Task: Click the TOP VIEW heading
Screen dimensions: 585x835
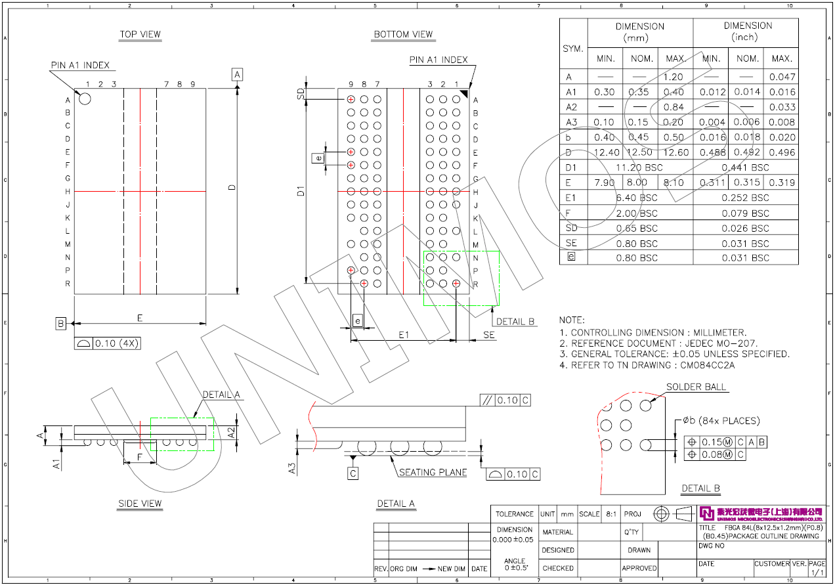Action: coord(140,34)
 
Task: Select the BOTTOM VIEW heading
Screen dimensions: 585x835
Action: coord(403,34)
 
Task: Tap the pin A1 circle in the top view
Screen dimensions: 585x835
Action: coord(85,98)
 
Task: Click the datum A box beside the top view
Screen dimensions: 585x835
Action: coord(238,74)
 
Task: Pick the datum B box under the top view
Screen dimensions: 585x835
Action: coord(61,323)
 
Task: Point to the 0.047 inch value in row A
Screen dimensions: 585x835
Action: coord(782,77)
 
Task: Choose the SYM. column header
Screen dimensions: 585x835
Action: coord(573,49)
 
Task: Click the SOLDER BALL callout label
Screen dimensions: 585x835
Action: coord(696,387)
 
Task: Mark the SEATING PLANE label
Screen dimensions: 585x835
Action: coord(433,472)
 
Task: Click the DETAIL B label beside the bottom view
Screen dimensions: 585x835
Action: coord(515,322)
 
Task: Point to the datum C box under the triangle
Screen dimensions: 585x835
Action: coord(353,473)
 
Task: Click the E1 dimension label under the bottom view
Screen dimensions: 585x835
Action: coord(404,335)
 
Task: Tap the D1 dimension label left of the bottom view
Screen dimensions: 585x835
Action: coord(301,191)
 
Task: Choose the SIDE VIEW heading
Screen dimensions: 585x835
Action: coord(140,504)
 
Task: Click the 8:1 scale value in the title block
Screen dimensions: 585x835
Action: coord(611,514)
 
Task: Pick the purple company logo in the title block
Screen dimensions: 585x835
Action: coord(707,513)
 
